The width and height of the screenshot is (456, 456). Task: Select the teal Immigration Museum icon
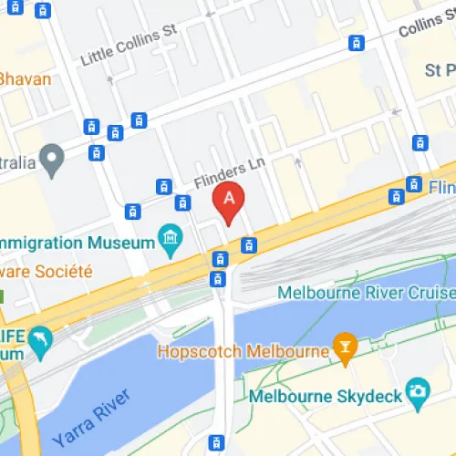point(169,240)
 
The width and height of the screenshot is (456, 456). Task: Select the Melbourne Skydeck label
point(326,396)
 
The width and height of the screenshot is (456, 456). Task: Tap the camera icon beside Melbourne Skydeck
point(418,389)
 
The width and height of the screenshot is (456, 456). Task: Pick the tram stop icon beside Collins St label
point(358,42)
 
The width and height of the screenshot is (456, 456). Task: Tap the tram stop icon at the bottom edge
point(216,443)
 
